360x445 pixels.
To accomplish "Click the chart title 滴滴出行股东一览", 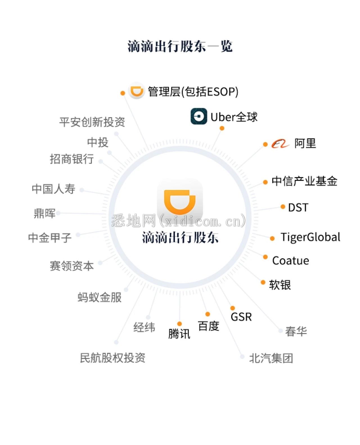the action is click(x=180, y=46).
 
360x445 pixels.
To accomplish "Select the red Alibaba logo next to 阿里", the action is click(x=280, y=144).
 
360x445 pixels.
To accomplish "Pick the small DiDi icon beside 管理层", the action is click(x=136, y=91).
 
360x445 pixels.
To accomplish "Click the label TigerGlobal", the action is click(x=310, y=237).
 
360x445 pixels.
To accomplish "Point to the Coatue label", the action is click(x=291, y=261).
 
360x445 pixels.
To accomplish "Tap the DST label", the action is click(x=298, y=207).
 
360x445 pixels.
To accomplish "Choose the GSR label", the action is click(x=241, y=317).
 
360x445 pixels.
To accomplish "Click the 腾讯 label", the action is click(x=179, y=334).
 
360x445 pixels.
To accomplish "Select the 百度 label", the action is click(x=209, y=326).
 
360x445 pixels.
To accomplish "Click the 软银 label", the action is click(x=280, y=285).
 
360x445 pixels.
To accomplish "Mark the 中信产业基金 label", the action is click(x=304, y=181).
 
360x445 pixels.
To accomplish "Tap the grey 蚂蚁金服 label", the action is click(x=100, y=297).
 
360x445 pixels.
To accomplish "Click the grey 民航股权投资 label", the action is click(x=113, y=358).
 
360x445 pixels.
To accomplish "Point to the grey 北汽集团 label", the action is click(x=271, y=358).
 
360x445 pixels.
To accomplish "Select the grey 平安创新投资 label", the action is click(x=92, y=122).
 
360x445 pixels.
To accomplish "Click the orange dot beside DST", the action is click(x=283, y=207).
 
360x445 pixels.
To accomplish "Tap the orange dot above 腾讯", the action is click(x=179, y=324).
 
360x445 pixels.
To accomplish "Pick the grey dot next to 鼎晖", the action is click(x=58, y=213).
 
